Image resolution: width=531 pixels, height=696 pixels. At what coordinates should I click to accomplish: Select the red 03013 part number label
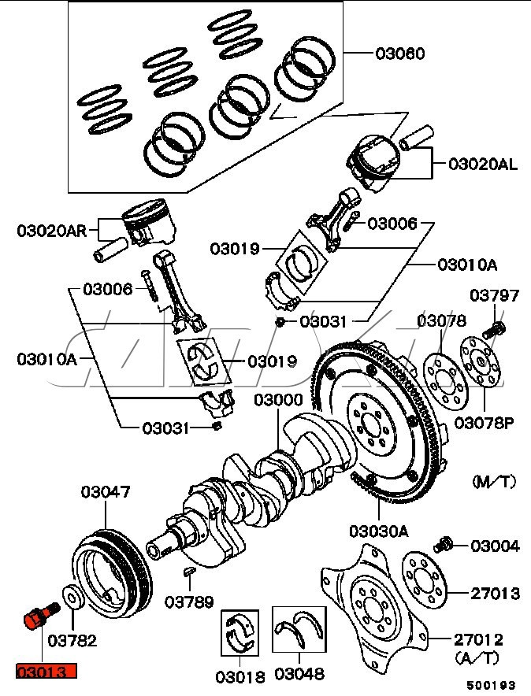click(x=46, y=672)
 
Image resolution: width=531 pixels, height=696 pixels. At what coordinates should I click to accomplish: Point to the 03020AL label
click(x=483, y=165)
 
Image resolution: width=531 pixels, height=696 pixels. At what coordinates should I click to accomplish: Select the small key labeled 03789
click(x=191, y=569)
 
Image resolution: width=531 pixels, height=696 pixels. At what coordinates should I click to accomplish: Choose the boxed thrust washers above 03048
click(x=299, y=630)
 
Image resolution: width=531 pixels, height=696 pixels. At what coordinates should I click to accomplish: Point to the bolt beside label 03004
click(x=444, y=544)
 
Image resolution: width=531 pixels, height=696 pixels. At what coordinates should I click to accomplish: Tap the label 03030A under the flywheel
click(x=380, y=531)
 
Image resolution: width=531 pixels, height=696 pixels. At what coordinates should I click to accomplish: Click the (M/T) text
click(x=493, y=479)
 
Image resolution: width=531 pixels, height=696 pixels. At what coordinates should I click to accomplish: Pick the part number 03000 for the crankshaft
click(x=278, y=401)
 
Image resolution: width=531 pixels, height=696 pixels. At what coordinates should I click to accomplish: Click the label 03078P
click(x=485, y=423)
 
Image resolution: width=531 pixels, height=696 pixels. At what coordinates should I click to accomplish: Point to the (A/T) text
click(x=477, y=656)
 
